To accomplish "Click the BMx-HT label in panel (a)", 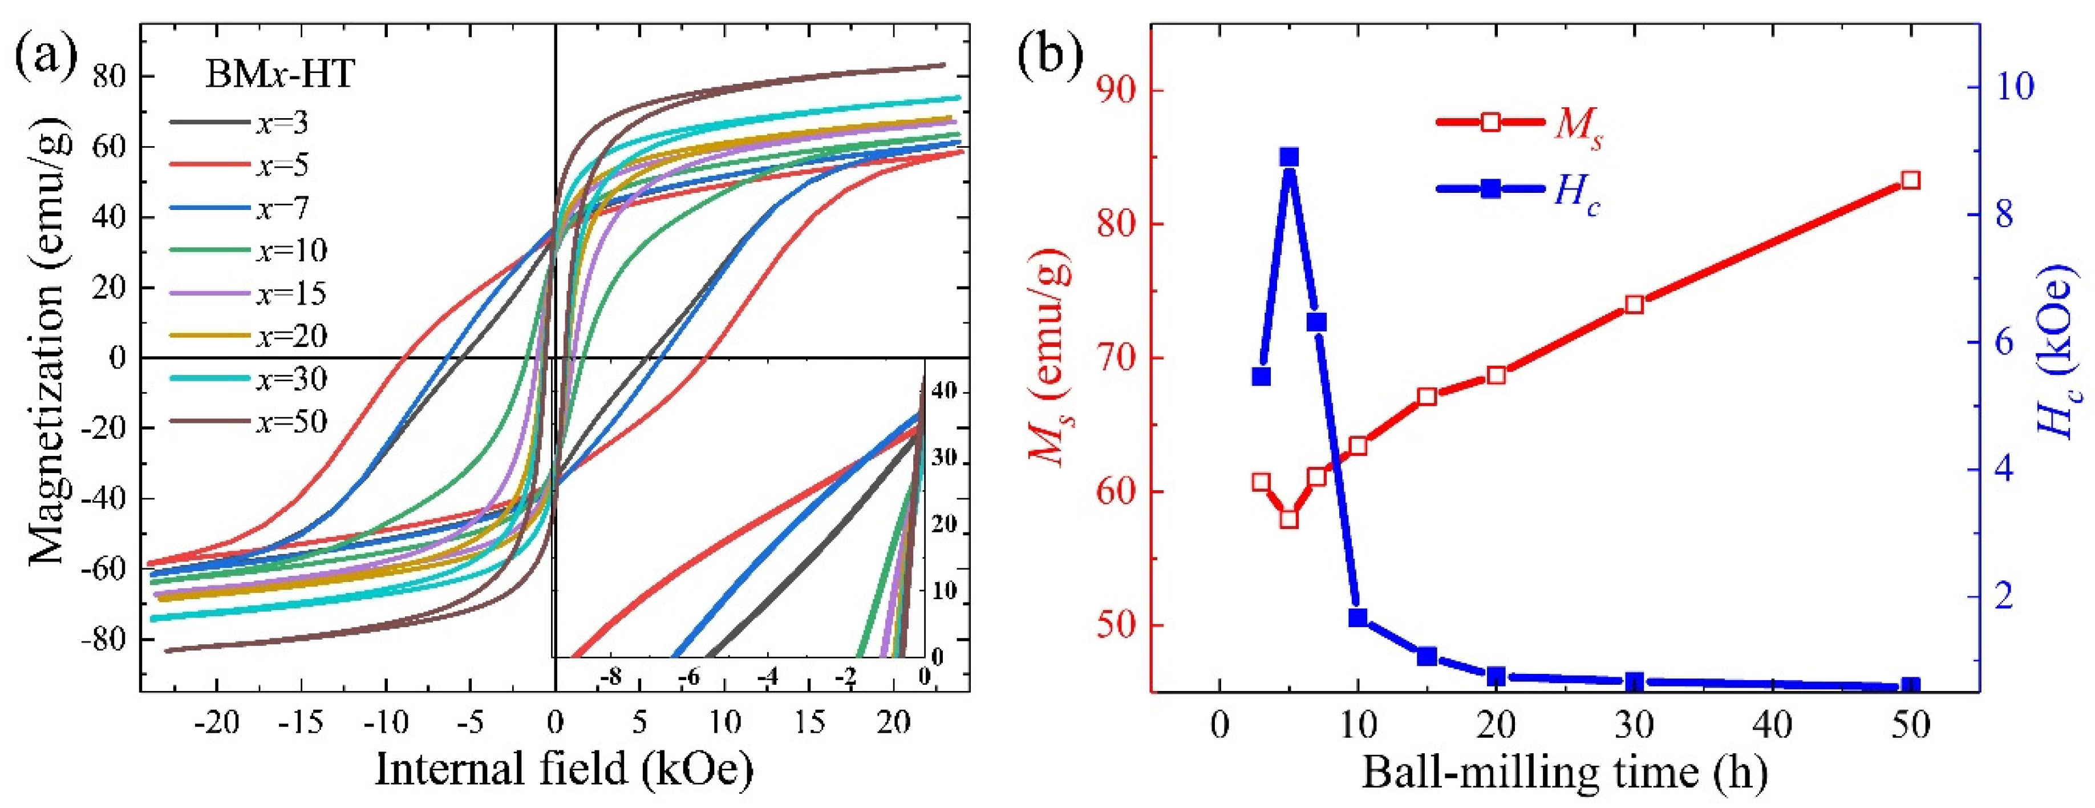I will click(279, 75).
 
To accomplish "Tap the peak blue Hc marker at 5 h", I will click(1288, 157).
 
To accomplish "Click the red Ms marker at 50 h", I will click(1910, 180).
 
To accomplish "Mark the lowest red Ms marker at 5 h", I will click(1288, 519).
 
